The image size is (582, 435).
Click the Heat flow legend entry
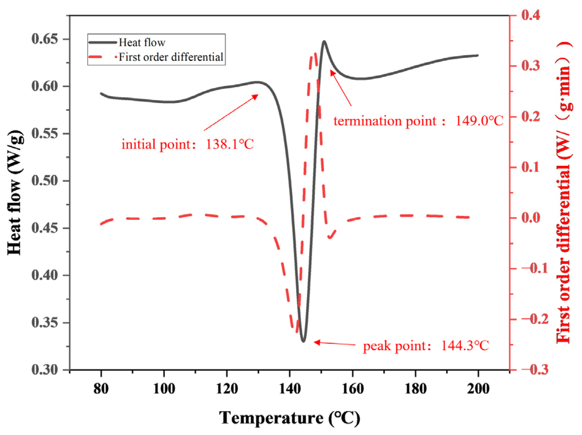pyautogui.click(x=142, y=43)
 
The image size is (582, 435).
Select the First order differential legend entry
pyautogui.click(x=171, y=57)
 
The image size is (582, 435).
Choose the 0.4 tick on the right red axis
pyautogui.click(x=531, y=15)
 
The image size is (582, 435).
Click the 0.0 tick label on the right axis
pyautogui.click(x=531, y=217)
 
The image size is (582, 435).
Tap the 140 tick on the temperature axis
pyautogui.click(x=290, y=389)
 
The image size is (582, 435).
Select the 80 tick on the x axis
pyautogui.click(x=101, y=389)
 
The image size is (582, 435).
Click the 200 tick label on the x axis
pyautogui.click(x=478, y=389)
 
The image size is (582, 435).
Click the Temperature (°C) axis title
pyautogui.click(x=289, y=418)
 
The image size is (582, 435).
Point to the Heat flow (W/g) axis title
pyautogui.click(x=15, y=193)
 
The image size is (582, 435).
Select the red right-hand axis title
pyautogui.click(x=564, y=193)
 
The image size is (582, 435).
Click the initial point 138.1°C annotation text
pyautogui.click(x=187, y=144)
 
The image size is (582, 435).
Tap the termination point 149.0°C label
pyautogui.click(x=418, y=121)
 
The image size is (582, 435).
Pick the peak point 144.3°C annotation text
pyautogui.click(x=426, y=346)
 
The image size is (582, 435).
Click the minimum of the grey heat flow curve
pyautogui.click(x=303, y=341)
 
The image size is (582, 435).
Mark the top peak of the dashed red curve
pyautogui.click(x=315, y=54)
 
